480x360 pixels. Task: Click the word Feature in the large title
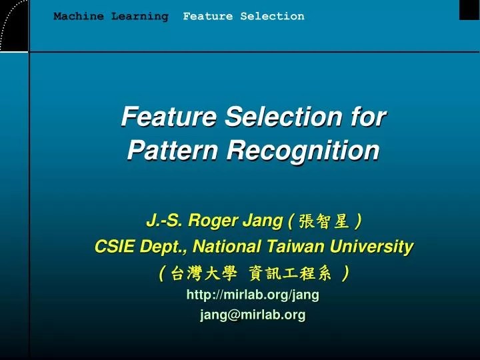(x=169, y=117)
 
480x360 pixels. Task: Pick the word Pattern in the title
(x=173, y=151)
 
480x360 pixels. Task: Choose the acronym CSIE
(x=115, y=247)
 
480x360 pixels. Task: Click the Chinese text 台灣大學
(x=203, y=273)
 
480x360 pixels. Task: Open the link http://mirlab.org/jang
(x=253, y=294)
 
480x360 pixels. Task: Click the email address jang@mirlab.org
(x=253, y=315)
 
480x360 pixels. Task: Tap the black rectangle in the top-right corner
(x=469, y=9)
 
